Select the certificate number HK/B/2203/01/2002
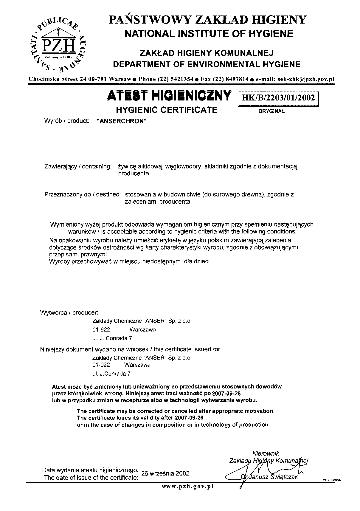tap(279, 97)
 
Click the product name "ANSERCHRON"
tap(122, 121)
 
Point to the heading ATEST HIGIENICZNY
tap(169, 95)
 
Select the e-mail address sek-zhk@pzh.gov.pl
tap(306, 79)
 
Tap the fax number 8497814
tap(237, 79)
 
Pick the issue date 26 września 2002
tap(165, 473)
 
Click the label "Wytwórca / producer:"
tap(69, 313)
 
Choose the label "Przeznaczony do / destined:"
tap(83, 195)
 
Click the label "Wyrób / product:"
tap(67, 121)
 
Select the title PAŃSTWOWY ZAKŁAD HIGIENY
tap(208, 20)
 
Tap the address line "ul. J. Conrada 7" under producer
tap(112, 338)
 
